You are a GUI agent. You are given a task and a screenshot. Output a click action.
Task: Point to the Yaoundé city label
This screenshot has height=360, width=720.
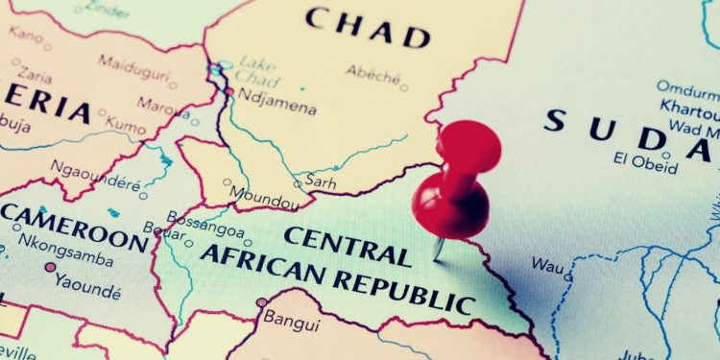(x=88, y=280)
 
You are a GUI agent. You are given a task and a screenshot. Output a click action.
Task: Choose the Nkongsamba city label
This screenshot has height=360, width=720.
(x=71, y=256)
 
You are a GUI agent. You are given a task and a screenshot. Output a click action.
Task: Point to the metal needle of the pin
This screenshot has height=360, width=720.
(x=439, y=247)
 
